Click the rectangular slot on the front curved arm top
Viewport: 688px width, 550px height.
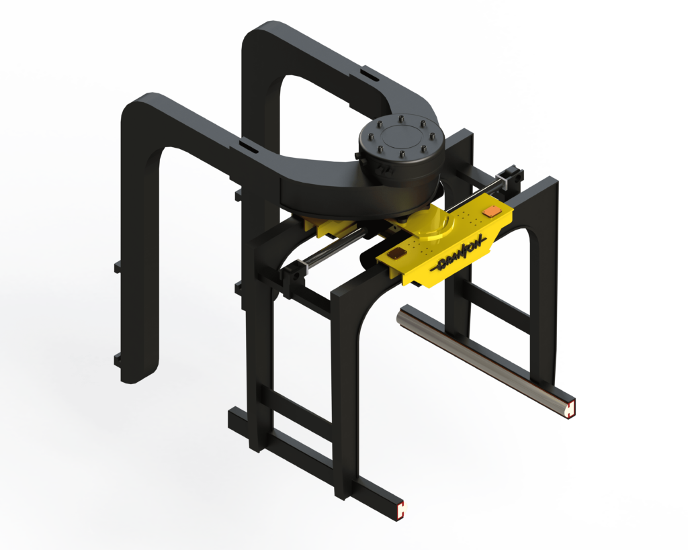click(x=247, y=144)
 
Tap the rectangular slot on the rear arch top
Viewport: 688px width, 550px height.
click(x=368, y=71)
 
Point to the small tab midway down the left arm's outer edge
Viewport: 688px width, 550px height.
click(x=117, y=267)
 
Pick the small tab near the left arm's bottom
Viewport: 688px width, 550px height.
click(x=118, y=357)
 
